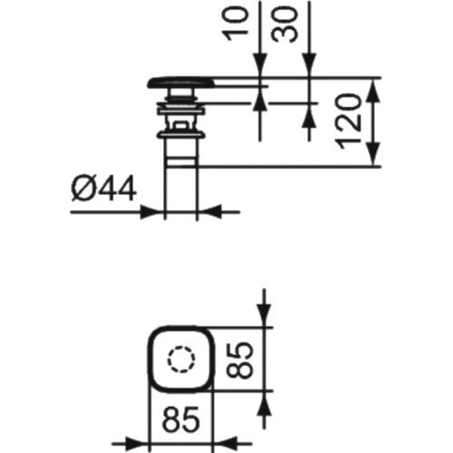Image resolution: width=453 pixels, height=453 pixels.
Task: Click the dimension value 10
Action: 237,24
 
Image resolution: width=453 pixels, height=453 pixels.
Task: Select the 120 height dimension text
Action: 350,121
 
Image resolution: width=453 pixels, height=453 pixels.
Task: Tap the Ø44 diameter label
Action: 103,189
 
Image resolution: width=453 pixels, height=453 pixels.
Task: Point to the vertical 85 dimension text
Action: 238,360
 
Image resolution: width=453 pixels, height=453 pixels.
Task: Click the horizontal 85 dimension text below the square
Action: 181,419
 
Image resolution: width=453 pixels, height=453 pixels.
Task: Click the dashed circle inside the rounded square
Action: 181,360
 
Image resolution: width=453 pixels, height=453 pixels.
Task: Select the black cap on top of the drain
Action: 181,82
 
